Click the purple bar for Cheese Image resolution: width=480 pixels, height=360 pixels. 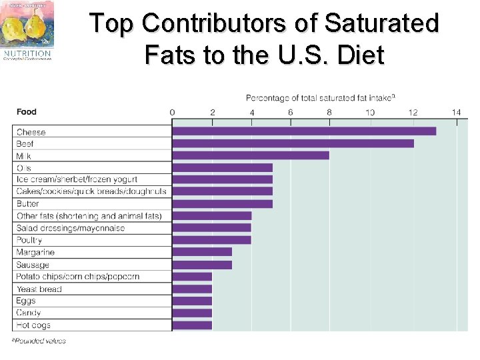[304, 131]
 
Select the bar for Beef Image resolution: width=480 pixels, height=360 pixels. [293, 143]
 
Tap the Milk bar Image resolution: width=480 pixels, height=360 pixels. [251, 155]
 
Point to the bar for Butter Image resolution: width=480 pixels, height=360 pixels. [222, 203]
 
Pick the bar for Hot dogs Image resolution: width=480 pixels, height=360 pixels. [192, 325]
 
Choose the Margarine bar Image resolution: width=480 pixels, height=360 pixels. [202, 252]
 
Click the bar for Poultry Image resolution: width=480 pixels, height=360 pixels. [211, 240]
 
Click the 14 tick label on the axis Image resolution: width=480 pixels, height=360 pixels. [456, 112]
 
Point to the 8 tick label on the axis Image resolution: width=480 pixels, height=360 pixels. [329, 112]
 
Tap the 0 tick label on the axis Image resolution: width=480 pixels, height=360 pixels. [173, 112]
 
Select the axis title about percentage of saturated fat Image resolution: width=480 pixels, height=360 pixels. [321, 98]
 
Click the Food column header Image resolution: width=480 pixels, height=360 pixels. [27, 111]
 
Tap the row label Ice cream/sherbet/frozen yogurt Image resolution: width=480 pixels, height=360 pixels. [77, 179]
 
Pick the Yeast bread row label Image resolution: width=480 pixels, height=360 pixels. [39, 289]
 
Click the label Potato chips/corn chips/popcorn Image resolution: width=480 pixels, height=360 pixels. [77, 277]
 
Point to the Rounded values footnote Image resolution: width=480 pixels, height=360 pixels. [39, 341]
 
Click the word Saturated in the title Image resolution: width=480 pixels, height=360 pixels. [382, 23]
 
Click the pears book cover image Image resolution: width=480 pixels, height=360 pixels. [27, 24]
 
